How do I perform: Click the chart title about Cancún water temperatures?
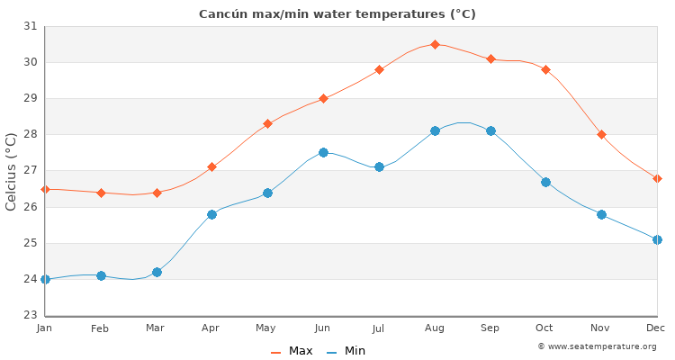click(x=337, y=13)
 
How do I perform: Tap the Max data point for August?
click(x=435, y=44)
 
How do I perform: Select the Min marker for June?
click(x=323, y=153)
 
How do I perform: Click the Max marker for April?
click(x=211, y=166)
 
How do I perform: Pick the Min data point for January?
click(x=45, y=279)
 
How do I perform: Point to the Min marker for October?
click(x=545, y=182)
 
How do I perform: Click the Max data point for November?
click(x=601, y=134)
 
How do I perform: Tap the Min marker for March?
click(x=157, y=272)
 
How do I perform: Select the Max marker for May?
click(x=267, y=123)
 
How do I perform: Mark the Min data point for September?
click(x=490, y=131)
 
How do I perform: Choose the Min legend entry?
click(x=346, y=351)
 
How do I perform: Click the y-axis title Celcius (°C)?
click(x=12, y=171)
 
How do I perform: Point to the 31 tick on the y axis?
click(x=30, y=26)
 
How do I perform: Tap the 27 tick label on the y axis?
click(x=30, y=171)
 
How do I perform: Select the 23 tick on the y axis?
click(x=30, y=315)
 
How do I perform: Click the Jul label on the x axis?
click(x=378, y=328)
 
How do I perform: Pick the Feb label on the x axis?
click(x=100, y=328)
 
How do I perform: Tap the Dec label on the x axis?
click(x=656, y=328)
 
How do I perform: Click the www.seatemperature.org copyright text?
click(x=597, y=346)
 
